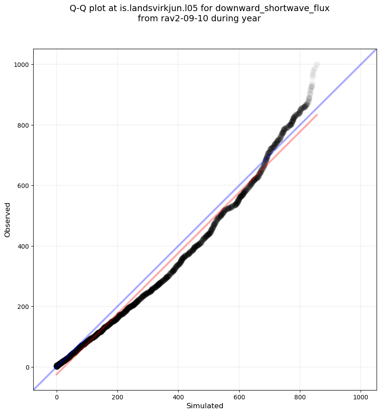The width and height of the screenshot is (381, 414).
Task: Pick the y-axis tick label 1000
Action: [x=21, y=65]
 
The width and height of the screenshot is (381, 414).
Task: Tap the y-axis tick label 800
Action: [x=23, y=125]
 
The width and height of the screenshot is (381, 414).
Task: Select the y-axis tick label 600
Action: [x=23, y=186]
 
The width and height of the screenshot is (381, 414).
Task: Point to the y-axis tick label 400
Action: [x=23, y=246]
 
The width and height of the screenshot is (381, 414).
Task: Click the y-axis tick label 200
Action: [x=23, y=307]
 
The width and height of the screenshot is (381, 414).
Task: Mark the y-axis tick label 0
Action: [x=27, y=367]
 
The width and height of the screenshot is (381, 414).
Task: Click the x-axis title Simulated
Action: [x=205, y=406]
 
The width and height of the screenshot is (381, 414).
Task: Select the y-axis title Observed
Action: [x=8, y=220]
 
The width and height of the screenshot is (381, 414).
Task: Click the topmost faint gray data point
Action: [x=317, y=65]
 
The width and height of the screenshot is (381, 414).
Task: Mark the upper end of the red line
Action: [x=317, y=115]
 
